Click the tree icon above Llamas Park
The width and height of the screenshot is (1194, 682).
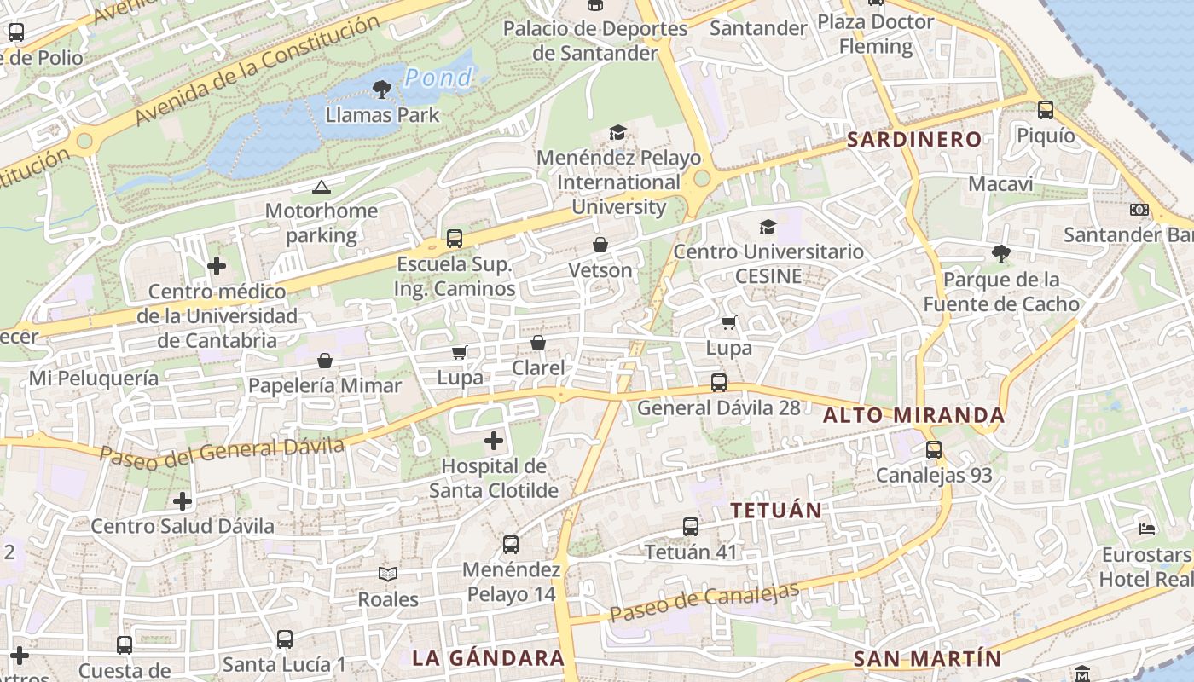tap(382, 88)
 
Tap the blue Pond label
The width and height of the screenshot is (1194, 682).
tap(438, 78)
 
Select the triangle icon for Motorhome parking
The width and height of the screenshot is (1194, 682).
tap(321, 187)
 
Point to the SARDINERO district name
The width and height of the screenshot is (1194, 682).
tap(914, 140)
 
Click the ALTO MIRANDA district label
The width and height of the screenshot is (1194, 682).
tap(914, 416)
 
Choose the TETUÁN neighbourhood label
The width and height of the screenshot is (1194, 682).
tap(776, 511)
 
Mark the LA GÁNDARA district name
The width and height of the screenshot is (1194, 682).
tap(488, 658)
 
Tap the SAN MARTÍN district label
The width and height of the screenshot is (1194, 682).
tap(927, 659)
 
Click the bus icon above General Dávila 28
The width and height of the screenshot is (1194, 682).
tap(719, 383)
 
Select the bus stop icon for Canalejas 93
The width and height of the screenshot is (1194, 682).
tap(934, 450)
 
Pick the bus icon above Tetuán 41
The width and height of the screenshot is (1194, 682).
tap(691, 527)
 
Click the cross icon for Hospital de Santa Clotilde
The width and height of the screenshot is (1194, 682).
tap(494, 441)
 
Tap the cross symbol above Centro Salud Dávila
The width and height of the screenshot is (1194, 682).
tap(183, 500)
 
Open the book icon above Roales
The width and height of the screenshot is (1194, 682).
tap(388, 574)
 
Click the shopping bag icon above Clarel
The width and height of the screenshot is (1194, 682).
tap(538, 343)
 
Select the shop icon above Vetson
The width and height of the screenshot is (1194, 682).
tap(600, 246)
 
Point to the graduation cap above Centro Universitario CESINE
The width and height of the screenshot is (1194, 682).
tap(768, 227)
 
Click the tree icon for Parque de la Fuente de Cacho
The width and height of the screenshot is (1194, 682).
tap(1000, 253)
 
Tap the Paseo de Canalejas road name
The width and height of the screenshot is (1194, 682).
tap(704, 602)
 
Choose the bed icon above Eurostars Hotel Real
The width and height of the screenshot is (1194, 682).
tap(1147, 529)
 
